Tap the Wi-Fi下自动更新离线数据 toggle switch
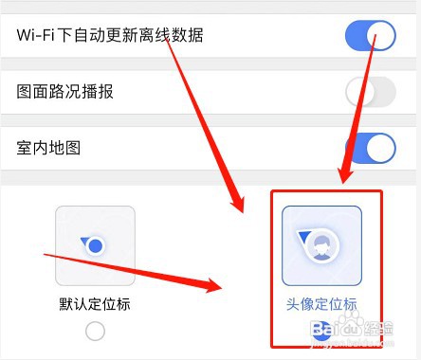(370, 37)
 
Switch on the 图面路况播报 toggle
(370, 92)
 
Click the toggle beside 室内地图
(370, 148)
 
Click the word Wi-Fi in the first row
(37, 37)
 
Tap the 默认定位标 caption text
(94, 304)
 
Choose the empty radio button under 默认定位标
(94, 332)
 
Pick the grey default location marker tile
(94, 245)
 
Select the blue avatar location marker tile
(321, 245)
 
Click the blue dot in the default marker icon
(96, 247)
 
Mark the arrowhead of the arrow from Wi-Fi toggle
(342, 182)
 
